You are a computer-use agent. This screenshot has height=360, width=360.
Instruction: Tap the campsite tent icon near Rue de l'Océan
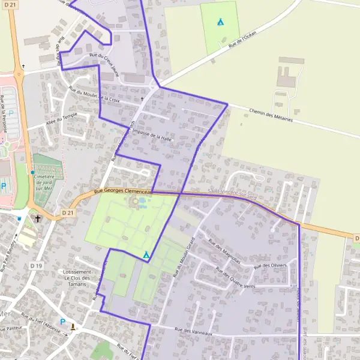[220, 22]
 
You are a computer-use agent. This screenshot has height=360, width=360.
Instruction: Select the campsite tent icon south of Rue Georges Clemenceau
[146, 255]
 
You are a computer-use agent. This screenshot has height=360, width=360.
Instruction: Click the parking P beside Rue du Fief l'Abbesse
[62, 322]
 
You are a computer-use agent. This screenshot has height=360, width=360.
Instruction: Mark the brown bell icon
[73, 326]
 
